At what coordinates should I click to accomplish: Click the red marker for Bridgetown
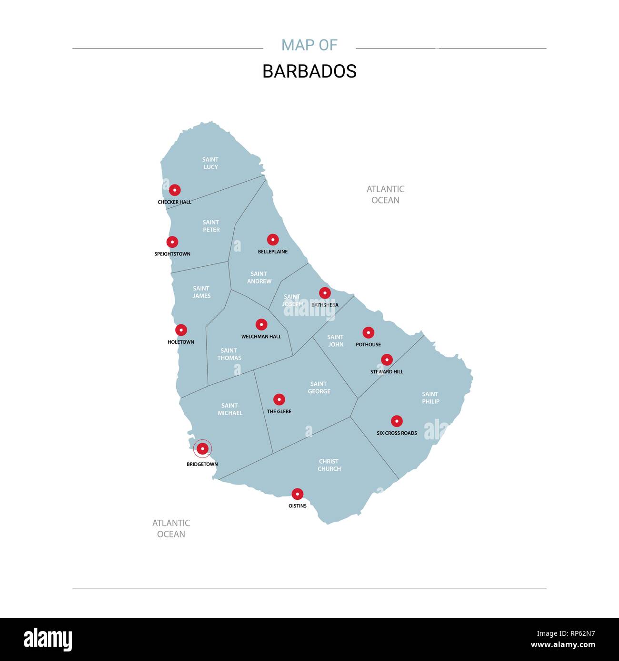click(x=203, y=448)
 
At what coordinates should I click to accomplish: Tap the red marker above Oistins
click(x=298, y=494)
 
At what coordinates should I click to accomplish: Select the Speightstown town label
click(x=172, y=254)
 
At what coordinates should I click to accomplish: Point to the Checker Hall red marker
click(x=175, y=190)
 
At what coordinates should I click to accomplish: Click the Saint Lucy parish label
click(x=210, y=163)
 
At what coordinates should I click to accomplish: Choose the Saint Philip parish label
click(x=430, y=398)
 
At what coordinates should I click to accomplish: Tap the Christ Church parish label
click(x=329, y=465)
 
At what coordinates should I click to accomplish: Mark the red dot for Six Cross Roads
click(x=397, y=421)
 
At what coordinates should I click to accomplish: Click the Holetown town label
click(x=181, y=342)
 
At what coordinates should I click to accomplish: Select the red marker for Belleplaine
click(x=273, y=240)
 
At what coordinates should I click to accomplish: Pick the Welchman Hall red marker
click(x=261, y=325)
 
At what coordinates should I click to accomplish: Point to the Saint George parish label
click(x=319, y=388)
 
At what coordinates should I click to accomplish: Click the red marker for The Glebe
click(x=279, y=399)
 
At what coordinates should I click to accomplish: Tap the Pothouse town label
click(x=368, y=345)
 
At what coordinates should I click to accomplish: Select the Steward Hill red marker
click(x=387, y=360)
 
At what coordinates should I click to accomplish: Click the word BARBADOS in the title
click(x=309, y=71)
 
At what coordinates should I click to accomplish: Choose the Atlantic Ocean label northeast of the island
click(x=385, y=194)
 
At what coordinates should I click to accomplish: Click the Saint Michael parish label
click(x=230, y=409)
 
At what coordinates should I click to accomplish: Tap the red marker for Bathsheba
click(x=325, y=293)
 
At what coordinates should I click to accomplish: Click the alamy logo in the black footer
click(x=48, y=640)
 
